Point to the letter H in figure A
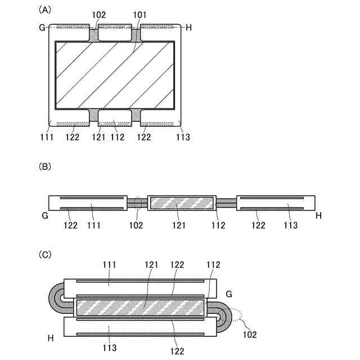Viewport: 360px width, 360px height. (188, 27)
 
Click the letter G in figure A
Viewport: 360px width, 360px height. (43, 27)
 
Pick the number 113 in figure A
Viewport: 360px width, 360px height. (183, 137)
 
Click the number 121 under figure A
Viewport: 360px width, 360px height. (98, 137)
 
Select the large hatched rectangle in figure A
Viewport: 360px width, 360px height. (115, 75)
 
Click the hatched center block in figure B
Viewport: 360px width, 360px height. (182, 202)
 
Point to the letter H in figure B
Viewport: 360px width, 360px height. (318, 215)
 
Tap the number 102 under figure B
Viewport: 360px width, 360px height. (136, 226)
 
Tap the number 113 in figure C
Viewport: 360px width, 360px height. (110, 348)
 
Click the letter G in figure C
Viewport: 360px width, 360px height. (228, 294)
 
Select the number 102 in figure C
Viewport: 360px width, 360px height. (249, 334)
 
